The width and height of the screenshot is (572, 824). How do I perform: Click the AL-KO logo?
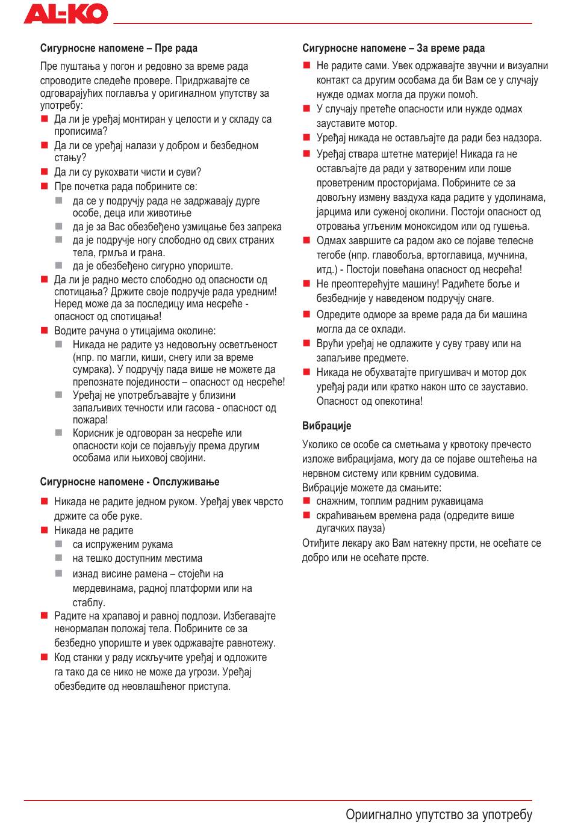66,13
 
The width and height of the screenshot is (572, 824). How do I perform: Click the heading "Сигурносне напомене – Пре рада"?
119,48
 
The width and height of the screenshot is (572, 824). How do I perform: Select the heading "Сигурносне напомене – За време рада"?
393,48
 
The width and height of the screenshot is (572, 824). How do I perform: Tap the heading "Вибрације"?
326,426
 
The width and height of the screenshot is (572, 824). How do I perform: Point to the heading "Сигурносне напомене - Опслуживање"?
129,482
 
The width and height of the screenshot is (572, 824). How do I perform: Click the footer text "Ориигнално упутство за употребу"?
439,814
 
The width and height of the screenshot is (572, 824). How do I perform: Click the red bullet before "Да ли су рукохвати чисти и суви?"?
44,172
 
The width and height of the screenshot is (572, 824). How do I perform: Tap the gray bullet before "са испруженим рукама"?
59,544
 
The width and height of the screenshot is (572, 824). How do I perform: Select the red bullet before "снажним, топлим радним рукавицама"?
306,500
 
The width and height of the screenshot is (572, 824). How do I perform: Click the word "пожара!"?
90,420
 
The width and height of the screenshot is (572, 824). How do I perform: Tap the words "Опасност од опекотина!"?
370,401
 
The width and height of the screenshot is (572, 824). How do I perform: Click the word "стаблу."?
89,603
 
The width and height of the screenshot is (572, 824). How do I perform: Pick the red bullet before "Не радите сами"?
306,65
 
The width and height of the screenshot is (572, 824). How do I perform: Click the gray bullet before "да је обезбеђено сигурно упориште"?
59,265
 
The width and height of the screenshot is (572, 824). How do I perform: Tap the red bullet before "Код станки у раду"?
44,657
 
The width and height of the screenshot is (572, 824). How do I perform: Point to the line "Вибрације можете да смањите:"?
371,487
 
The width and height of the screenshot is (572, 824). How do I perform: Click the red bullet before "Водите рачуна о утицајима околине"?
44,330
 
